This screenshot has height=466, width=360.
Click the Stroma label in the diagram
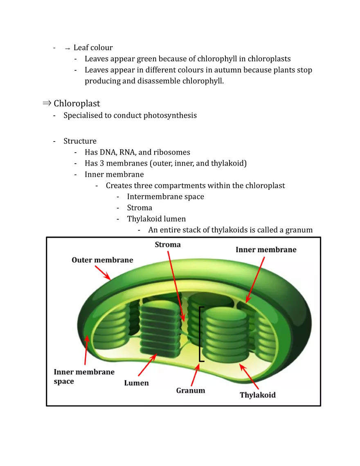(x=167, y=245)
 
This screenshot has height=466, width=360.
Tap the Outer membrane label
(x=102, y=260)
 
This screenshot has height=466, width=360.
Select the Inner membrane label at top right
(x=266, y=250)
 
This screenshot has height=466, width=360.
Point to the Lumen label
(x=136, y=383)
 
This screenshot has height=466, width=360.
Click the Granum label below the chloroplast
(x=191, y=390)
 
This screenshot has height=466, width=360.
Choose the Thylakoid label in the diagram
(x=257, y=395)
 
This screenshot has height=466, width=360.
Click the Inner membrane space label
(x=84, y=376)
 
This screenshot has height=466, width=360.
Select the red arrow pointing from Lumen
(x=147, y=365)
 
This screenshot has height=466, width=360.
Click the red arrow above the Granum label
(x=196, y=376)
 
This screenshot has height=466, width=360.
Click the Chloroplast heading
(x=76, y=104)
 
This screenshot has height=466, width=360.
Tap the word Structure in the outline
(x=80, y=141)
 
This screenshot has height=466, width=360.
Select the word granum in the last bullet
(x=299, y=230)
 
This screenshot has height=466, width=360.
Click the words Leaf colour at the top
(x=93, y=48)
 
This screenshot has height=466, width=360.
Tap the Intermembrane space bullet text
(x=165, y=196)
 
